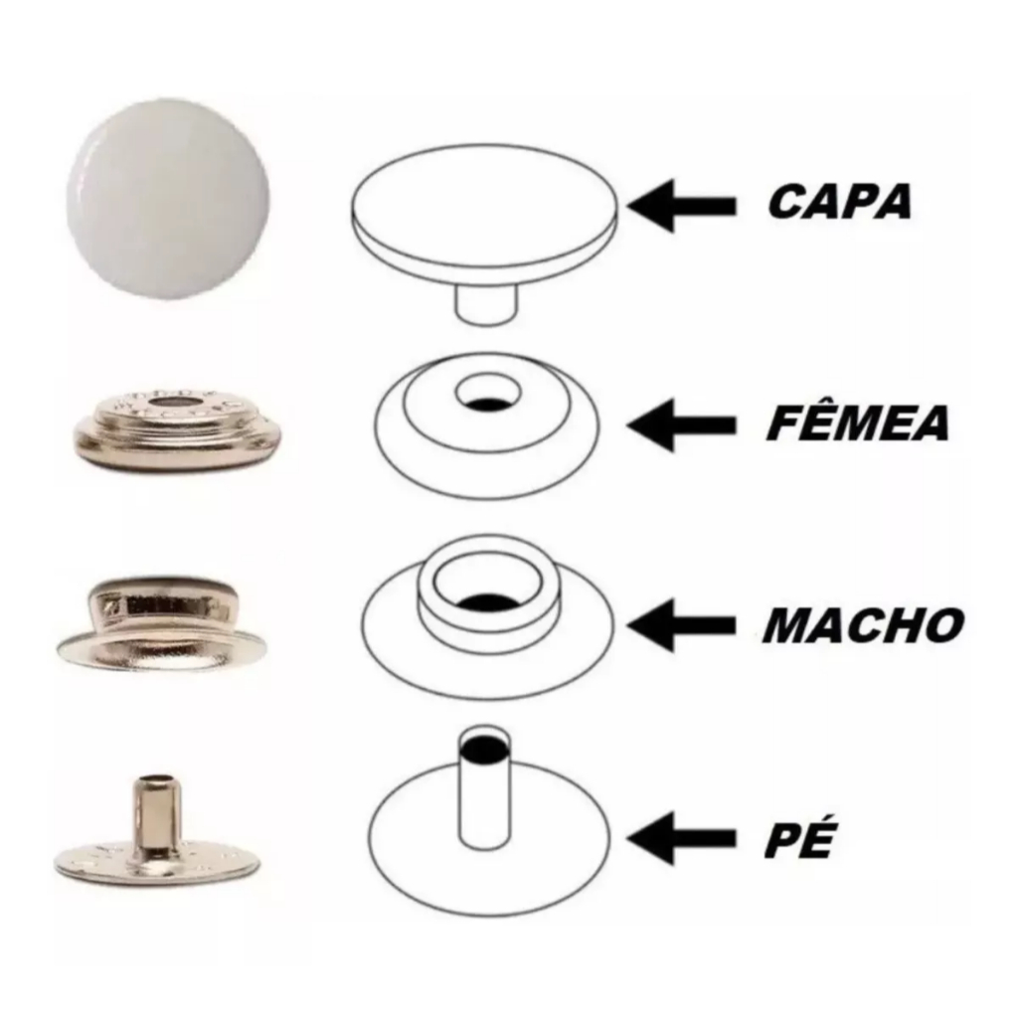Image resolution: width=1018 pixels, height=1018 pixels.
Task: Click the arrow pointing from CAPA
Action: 681,206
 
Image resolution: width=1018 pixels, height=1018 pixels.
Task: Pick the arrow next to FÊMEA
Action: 681,424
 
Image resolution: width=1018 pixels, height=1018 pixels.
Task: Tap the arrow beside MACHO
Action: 681,625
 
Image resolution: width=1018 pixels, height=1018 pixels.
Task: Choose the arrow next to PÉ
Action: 681,837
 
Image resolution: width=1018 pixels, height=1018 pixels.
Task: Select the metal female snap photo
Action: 176,429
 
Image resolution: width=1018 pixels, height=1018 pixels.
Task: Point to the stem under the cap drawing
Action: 487,302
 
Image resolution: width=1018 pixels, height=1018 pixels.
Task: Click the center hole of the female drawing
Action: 488,395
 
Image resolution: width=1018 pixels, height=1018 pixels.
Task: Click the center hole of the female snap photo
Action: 171,407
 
